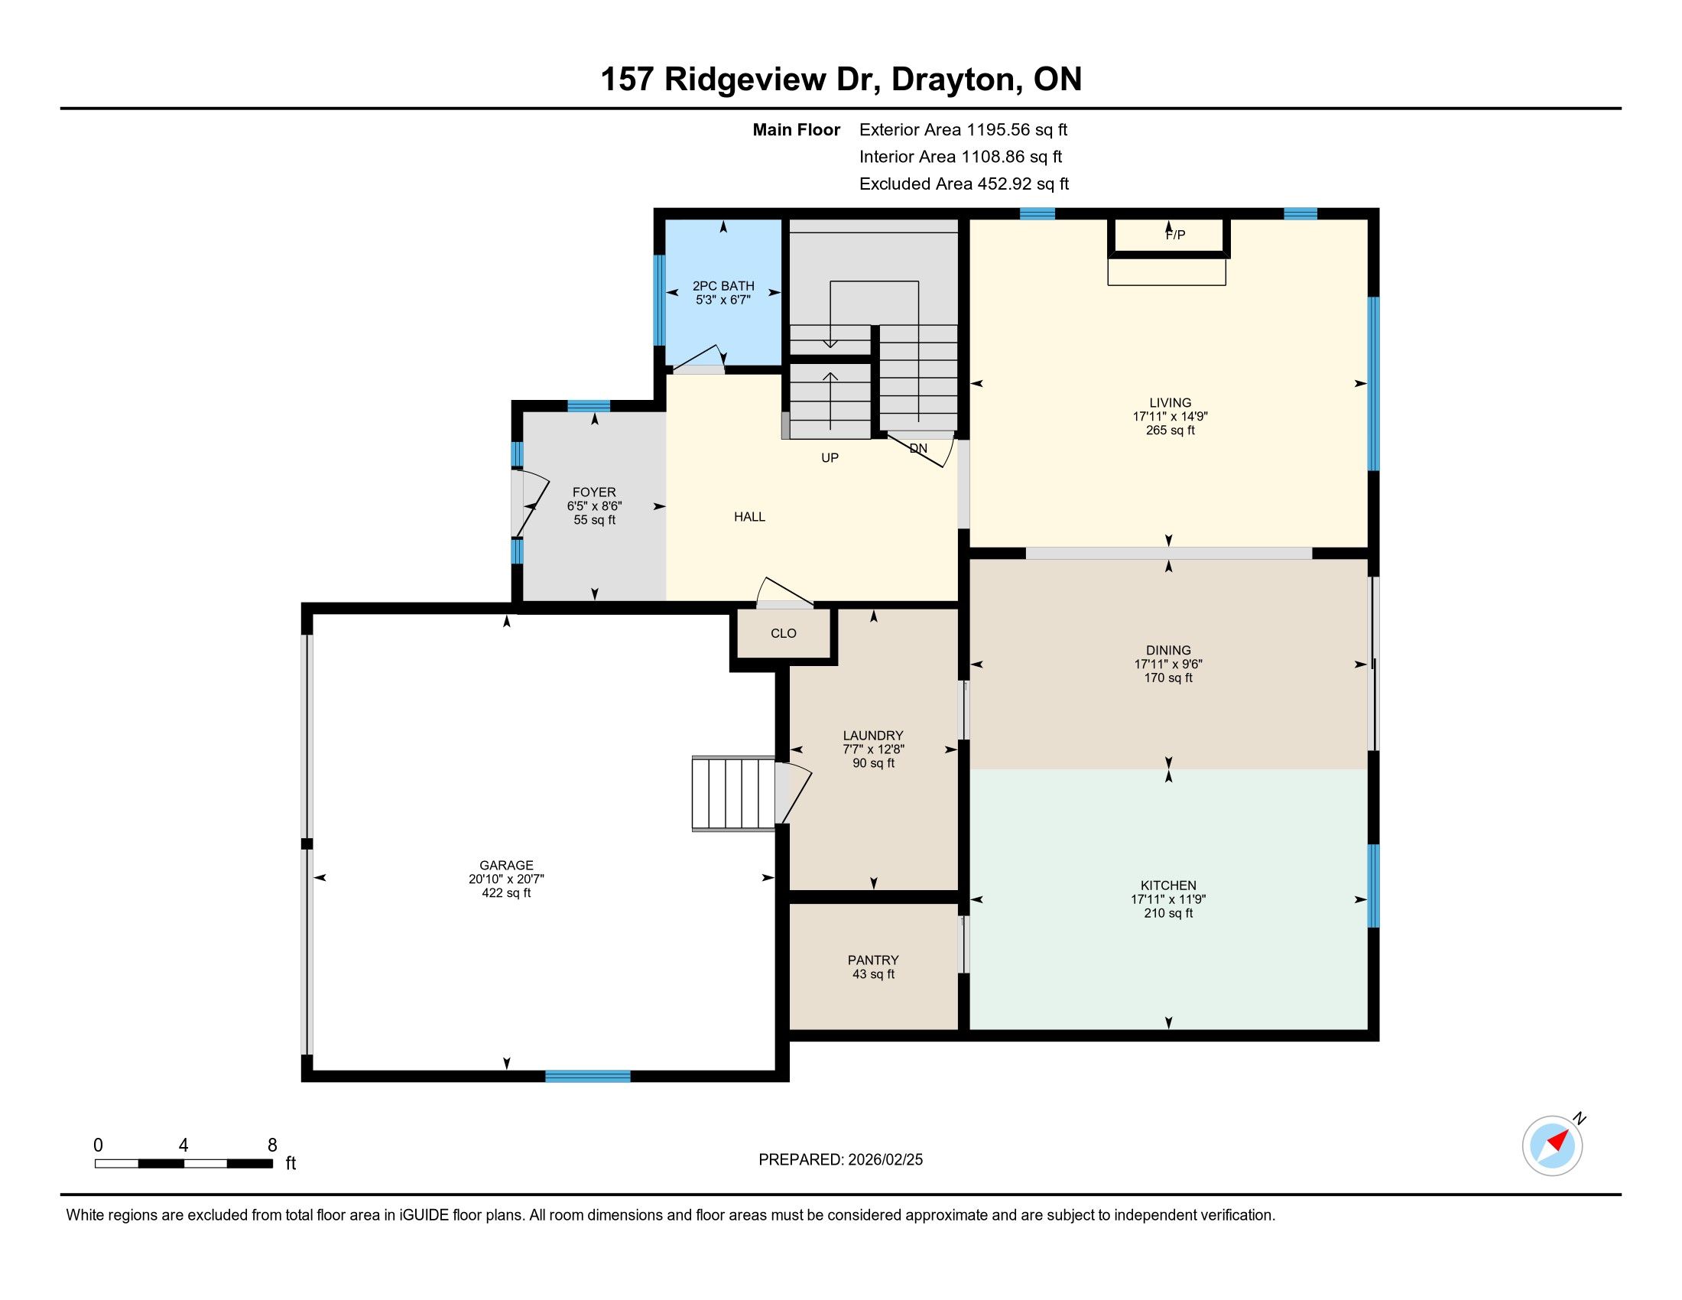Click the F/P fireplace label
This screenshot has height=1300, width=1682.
1174,235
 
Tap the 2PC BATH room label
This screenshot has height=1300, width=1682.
723,286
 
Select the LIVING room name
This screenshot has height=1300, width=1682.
1170,403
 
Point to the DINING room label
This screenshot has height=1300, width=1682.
1168,650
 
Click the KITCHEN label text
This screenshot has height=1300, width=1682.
1168,886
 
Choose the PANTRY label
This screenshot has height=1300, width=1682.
873,960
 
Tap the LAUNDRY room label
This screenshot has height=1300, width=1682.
873,736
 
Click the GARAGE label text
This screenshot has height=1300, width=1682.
506,866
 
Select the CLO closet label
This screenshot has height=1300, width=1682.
783,633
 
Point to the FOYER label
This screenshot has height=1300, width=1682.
594,492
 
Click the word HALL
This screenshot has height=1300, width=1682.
749,517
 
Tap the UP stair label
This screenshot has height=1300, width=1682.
830,457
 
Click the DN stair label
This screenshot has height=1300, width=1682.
918,448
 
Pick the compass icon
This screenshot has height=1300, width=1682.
1552,1146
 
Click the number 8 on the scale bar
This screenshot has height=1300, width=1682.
272,1146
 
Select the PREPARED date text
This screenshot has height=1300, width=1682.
840,1160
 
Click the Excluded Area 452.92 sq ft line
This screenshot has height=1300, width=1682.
964,184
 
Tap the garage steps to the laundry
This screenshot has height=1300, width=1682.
733,793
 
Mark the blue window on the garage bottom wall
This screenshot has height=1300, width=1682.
588,1076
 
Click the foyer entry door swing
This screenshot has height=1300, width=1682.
531,505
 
